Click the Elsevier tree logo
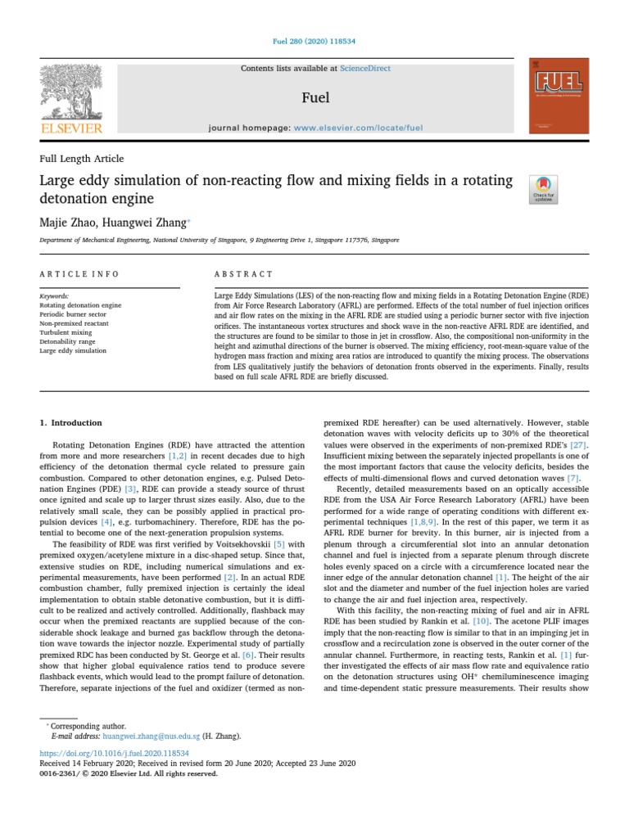[x=71, y=95]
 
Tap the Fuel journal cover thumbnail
[x=559, y=96]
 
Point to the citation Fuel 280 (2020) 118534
[x=314, y=41]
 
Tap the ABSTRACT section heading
[x=243, y=274]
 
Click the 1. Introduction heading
[x=71, y=423]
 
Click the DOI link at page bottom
[x=114, y=752]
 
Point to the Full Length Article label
[x=82, y=159]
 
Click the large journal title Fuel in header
[x=315, y=98]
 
